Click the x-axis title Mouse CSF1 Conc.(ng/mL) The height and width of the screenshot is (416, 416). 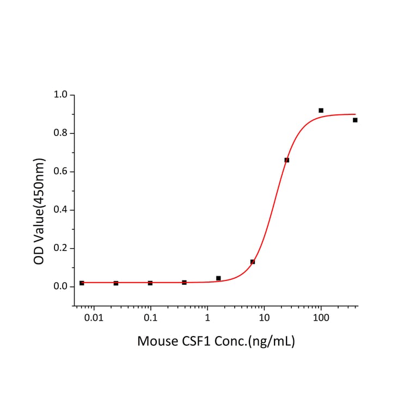pos(216,342)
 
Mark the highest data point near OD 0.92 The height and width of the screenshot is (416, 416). pos(321,111)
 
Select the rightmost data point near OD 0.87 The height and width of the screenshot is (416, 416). pos(355,120)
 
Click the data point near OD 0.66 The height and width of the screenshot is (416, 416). pos(287,160)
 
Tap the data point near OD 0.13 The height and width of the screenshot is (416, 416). pos(253,262)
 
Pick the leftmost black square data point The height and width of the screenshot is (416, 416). pos(82,283)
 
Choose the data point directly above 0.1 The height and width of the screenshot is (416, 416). pos(150,283)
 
